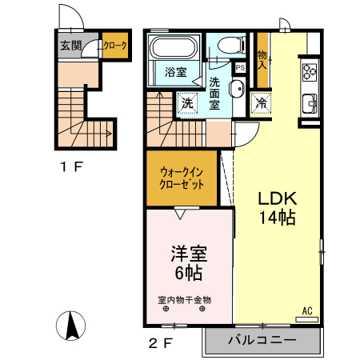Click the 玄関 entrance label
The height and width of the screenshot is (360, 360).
[70, 46]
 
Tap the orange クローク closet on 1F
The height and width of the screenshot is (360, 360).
[114, 46]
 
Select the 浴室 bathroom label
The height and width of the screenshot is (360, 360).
[175, 72]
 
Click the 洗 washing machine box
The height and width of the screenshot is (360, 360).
[186, 103]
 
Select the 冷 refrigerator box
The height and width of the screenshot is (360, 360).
[261, 102]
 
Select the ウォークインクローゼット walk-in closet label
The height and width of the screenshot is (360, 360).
[182, 176]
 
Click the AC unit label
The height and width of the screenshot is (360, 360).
[306, 311]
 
